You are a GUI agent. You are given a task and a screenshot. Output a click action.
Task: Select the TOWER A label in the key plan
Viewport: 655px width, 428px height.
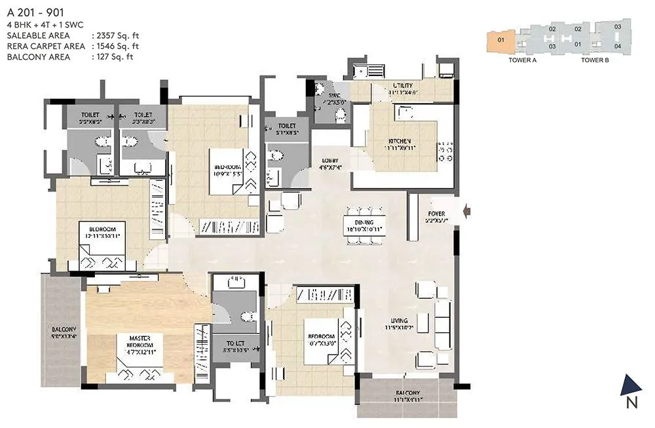522,60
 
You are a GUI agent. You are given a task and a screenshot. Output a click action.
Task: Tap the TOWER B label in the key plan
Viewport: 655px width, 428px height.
595,60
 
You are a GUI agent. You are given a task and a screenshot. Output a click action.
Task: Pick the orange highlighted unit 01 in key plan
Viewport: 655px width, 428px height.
501,40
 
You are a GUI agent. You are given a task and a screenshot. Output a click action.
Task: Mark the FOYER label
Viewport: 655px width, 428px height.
436,214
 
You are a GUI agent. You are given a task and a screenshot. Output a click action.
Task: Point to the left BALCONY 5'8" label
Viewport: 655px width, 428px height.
64,329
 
